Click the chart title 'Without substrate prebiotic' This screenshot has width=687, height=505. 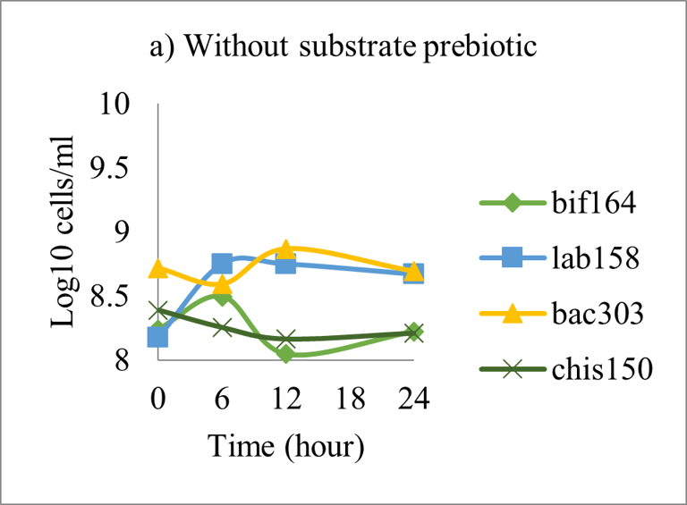coord(343,46)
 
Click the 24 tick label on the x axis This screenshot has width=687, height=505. coord(414,398)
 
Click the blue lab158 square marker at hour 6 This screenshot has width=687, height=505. coord(223,264)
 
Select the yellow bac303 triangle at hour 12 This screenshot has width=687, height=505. coord(286,249)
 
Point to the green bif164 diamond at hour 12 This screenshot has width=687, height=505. coord(286,354)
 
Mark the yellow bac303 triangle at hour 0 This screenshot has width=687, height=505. coord(158,268)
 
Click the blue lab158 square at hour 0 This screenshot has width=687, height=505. coord(158,337)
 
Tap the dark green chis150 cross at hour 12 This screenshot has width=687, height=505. coord(286,340)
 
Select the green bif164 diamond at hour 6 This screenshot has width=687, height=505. coord(223,297)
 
